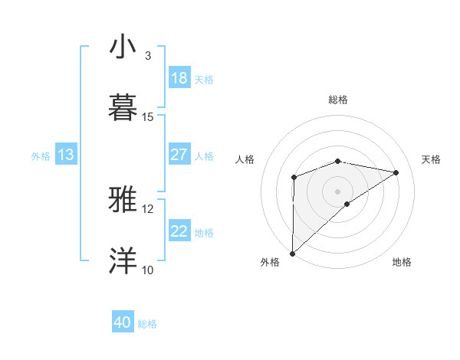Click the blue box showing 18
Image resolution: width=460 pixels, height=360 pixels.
(179, 78)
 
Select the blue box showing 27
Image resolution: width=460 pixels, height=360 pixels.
(179, 155)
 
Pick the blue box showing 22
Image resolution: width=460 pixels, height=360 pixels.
(179, 231)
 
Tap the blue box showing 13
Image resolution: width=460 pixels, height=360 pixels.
(66, 155)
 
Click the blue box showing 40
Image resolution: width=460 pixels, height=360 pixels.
(123, 322)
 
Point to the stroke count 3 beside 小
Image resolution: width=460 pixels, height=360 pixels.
(147, 56)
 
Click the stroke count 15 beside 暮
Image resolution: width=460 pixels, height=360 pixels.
(148, 117)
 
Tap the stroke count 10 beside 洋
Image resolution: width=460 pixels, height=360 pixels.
(147, 270)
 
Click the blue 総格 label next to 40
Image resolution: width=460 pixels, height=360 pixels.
(147, 324)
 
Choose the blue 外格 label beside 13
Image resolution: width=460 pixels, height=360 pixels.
(41, 156)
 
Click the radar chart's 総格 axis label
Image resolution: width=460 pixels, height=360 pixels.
(338, 100)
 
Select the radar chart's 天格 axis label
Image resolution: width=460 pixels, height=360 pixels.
(432, 159)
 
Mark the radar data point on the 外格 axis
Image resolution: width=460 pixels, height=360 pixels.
(293, 254)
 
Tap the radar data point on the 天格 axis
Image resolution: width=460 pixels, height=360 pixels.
(396, 172)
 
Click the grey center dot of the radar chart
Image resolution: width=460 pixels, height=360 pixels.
(338, 191)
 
